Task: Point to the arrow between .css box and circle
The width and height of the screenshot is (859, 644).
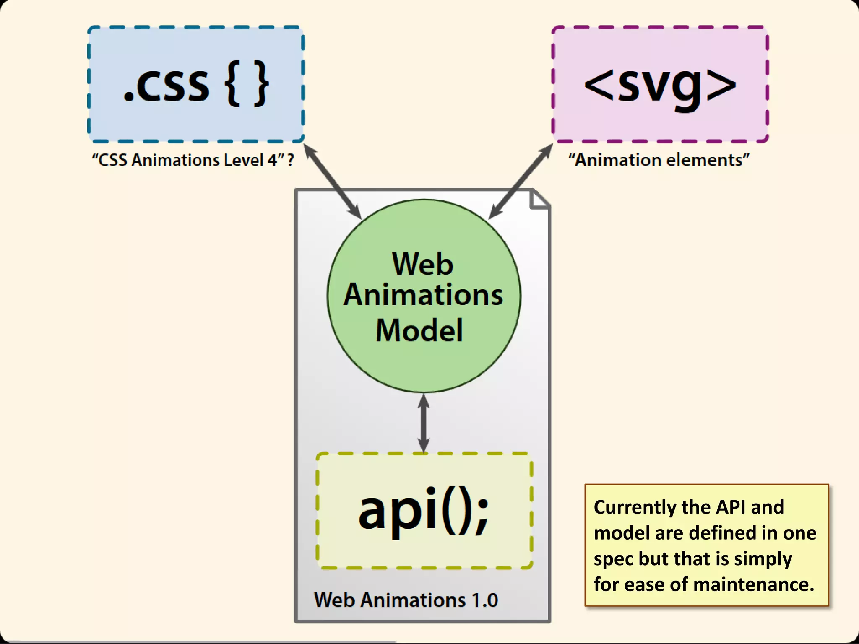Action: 332,181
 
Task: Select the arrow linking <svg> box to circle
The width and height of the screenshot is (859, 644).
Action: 521,181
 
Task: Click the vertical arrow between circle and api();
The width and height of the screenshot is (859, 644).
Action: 424,423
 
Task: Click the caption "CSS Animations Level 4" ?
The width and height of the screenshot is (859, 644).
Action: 193,160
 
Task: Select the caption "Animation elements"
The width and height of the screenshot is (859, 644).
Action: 659,160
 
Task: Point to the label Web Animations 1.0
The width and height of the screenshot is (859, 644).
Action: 406,600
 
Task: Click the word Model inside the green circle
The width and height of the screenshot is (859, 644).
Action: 419,330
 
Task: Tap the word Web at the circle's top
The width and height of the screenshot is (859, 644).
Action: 423,264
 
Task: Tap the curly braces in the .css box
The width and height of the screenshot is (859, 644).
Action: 247,84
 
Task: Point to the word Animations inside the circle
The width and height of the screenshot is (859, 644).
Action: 423,295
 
